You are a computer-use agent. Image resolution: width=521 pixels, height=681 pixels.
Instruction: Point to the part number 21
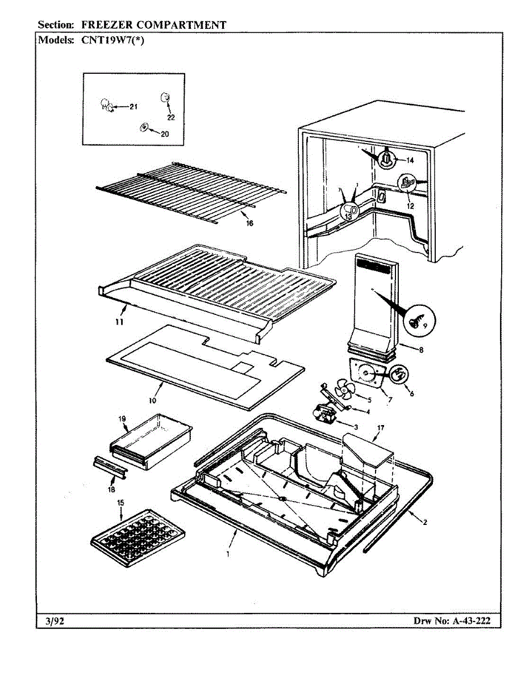click(134, 107)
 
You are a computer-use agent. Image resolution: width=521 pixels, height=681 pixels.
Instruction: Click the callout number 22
click(171, 117)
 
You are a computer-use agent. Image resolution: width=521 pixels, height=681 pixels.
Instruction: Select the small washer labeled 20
click(144, 127)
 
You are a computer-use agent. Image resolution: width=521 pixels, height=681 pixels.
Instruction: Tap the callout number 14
click(410, 161)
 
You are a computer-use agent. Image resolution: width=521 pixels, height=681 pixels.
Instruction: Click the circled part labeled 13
click(349, 212)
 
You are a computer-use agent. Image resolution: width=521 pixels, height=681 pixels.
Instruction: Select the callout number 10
click(152, 401)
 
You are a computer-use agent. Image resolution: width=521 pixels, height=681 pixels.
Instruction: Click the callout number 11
click(119, 322)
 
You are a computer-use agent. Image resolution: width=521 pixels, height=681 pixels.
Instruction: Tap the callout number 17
click(380, 428)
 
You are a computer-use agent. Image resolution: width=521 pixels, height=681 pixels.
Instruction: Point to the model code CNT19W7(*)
click(112, 40)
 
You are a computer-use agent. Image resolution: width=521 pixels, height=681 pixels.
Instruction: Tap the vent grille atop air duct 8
click(373, 267)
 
